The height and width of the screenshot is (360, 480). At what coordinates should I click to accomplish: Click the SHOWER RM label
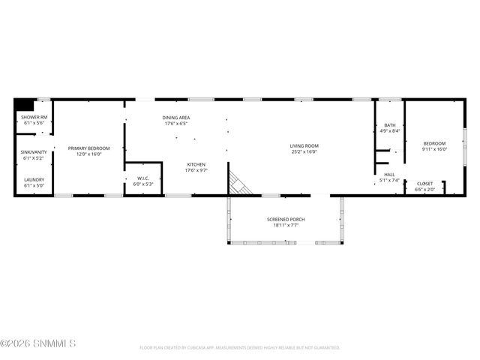pyautogui.click(x=34, y=118)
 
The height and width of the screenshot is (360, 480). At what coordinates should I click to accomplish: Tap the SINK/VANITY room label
pyautogui.click(x=34, y=152)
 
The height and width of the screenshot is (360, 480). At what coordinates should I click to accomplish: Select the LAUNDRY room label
pyautogui.click(x=34, y=179)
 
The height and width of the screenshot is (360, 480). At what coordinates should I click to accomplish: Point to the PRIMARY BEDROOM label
pyautogui.click(x=88, y=148)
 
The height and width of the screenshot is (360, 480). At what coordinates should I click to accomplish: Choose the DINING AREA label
pyautogui.click(x=176, y=118)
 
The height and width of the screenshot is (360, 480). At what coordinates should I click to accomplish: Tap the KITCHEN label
pyautogui.click(x=196, y=164)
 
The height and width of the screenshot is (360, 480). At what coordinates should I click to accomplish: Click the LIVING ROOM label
pyautogui.click(x=304, y=145)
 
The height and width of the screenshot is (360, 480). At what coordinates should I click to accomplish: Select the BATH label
pyautogui.click(x=389, y=125)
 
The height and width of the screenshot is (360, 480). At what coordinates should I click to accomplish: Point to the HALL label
pyautogui.click(x=389, y=175)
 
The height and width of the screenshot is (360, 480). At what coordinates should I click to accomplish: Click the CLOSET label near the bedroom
pyautogui.click(x=424, y=184)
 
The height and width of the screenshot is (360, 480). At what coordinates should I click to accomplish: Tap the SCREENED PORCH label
pyautogui.click(x=285, y=219)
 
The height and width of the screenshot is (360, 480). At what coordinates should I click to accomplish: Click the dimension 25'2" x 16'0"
pyautogui.click(x=304, y=151)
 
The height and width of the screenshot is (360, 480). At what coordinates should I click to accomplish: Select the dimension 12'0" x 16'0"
pyautogui.click(x=88, y=154)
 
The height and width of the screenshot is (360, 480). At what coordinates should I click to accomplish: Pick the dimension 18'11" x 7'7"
pyautogui.click(x=285, y=225)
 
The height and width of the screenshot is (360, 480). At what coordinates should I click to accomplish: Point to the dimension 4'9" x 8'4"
pyautogui.click(x=389, y=131)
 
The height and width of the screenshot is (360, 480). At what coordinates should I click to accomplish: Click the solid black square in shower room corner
pyautogui.click(x=24, y=105)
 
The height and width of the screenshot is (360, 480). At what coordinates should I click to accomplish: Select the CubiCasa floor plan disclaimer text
pyautogui.click(x=240, y=348)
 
